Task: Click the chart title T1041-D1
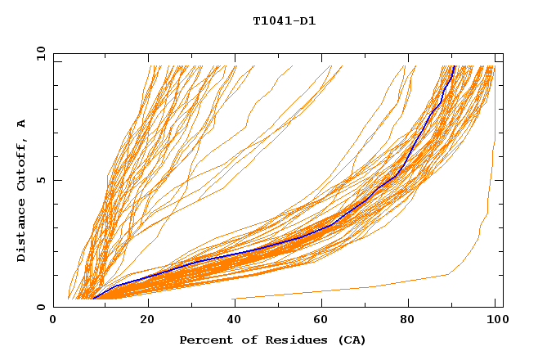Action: (284, 21)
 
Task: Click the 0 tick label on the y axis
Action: (41, 307)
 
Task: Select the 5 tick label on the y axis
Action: (41, 180)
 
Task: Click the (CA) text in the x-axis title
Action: (352, 340)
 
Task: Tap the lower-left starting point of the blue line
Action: (93, 299)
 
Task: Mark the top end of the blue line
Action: (454, 66)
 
